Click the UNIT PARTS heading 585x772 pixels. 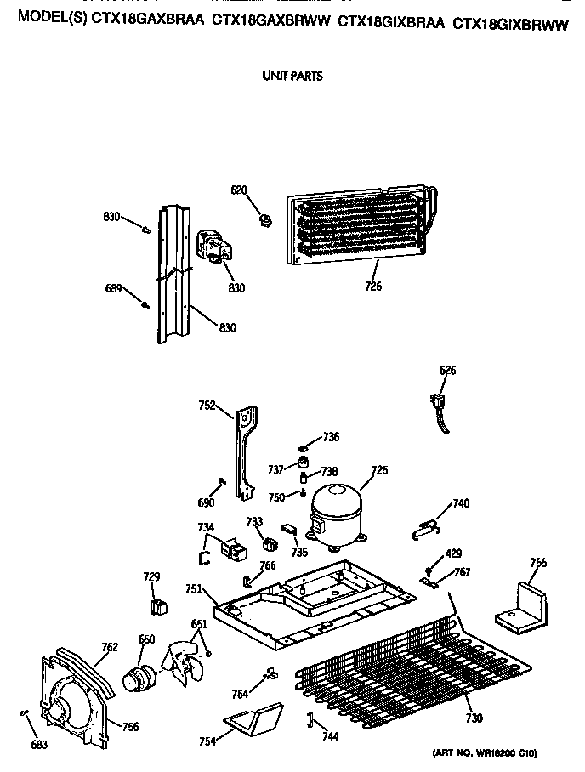(x=291, y=76)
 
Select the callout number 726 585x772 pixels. (x=372, y=287)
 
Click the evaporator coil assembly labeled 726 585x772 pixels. (x=361, y=225)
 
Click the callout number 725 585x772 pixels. (x=378, y=470)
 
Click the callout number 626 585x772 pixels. (x=447, y=370)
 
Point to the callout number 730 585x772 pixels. (x=474, y=718)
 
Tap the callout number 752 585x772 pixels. (x=207, y=406)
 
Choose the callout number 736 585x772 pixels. (x=331, y=437)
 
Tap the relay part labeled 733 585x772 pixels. (x=270, y=545)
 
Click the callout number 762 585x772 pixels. (x=110, y=647)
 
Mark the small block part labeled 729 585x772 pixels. (x=156, y=605)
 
